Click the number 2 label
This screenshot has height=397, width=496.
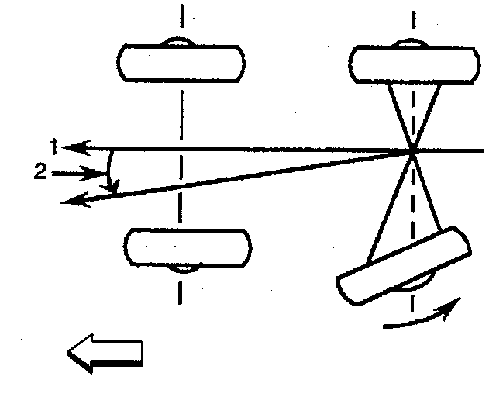pyautogui.click(x=40, y=173)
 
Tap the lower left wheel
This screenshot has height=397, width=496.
pyautogui.click(x=187, y=246)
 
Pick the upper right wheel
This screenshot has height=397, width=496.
pyautogui.click(x=412, y=62)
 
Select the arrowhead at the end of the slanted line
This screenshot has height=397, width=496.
pyautogui.click(x=69, y=202)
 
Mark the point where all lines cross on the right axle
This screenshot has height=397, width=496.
pyautogui.click(x=412, y=150)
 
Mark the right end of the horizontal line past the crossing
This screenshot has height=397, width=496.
pyautogui.click(x=482, y=150)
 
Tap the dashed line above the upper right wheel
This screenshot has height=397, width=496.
pyautogui.click(x=413, y=19)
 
